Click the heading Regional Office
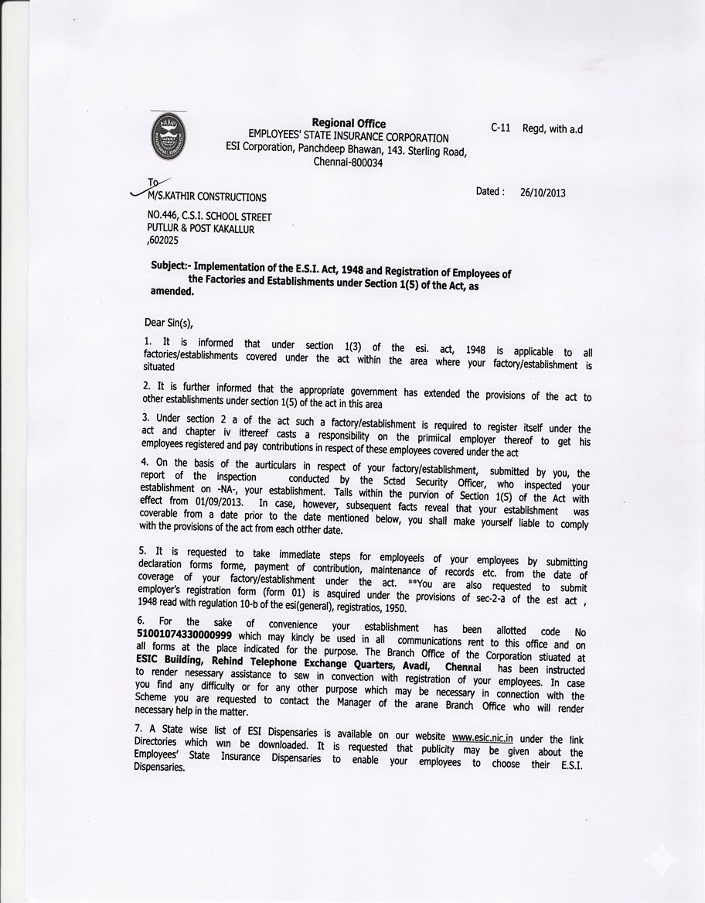point(348,123)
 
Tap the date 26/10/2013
point(542,192)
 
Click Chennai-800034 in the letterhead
point(348,162)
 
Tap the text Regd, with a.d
point(553,129)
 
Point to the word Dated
point(490,191)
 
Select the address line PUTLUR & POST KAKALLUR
point(200,229)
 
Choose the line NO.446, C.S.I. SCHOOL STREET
point(209,217)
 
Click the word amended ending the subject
point(171,292)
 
